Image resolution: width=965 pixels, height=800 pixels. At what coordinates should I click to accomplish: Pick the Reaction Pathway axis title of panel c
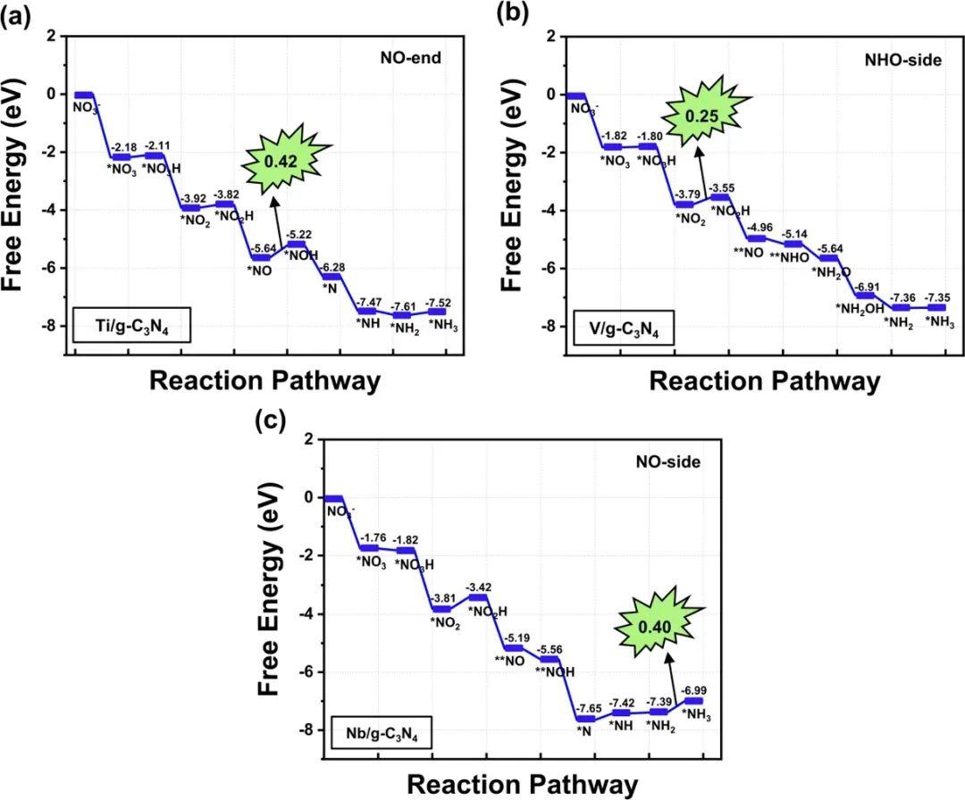(x=523, y=785)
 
